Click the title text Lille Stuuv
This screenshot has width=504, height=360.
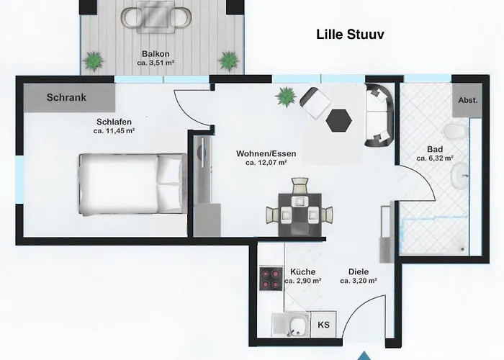coord(350,35)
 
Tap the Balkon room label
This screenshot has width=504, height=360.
coord(156,54)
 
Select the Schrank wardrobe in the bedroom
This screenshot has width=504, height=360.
coord(69,98)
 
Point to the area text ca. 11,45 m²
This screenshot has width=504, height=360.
coord(114,131)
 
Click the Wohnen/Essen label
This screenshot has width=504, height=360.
coord(266,153)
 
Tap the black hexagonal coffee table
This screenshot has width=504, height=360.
coord(339,120)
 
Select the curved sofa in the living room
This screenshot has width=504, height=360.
coord(379,115)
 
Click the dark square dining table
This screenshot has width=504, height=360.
coord(300,215)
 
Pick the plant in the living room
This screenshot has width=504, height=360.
coord(285,96)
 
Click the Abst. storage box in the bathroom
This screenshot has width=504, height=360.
coord(468,100)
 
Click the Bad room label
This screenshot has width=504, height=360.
coord(435,149)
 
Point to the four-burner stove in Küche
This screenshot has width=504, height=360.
coord(271,279)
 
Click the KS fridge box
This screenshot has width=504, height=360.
coord(324,324)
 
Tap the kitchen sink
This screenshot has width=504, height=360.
coord(291,325)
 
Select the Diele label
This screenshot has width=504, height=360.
coord(359,272)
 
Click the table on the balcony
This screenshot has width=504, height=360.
coord(156,17)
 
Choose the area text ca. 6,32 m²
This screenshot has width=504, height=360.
coord(435,158)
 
